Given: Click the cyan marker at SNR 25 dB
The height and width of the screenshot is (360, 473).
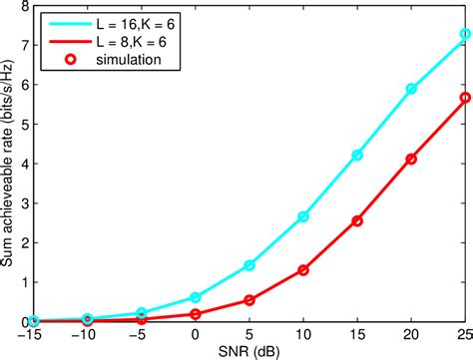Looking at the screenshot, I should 464,34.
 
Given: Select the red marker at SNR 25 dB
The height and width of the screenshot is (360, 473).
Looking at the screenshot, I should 464,98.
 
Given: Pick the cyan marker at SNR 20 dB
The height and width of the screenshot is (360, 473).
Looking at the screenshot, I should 410,89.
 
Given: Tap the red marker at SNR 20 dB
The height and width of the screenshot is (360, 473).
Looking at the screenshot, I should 410,159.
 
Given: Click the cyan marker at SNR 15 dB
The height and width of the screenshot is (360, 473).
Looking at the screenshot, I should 356,156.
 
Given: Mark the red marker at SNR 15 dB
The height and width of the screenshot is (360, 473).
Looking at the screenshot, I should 356,220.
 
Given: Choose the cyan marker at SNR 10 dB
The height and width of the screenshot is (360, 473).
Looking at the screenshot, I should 302,216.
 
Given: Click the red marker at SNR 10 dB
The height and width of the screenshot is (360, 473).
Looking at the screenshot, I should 302,270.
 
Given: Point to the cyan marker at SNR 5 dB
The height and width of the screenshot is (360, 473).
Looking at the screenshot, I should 249,265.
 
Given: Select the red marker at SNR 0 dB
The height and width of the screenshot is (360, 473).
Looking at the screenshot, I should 196,314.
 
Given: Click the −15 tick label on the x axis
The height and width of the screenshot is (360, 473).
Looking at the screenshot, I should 34,334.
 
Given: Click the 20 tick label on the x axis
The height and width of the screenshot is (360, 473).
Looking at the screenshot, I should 410,334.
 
